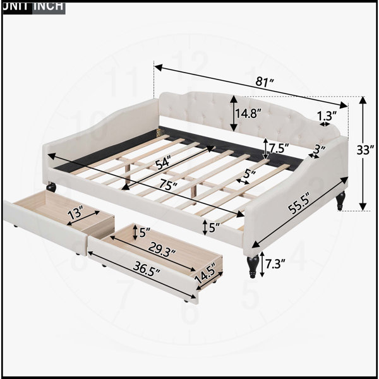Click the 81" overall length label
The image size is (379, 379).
[x=265, y=82]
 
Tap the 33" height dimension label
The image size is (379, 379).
[x=365, y=150]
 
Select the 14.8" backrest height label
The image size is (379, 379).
[x=249, y=113]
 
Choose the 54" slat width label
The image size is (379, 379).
[x=163, y=163]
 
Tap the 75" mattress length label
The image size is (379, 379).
[x=168, y=185]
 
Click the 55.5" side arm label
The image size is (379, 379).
[x=299, y=203]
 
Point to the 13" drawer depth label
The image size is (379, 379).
[x=75, y=212]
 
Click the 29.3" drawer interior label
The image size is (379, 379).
[x=162, y=250]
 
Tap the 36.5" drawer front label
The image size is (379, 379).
[x=147, y=269]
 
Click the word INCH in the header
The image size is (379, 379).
[x=49, y=6]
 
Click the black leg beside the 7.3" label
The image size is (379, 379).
[x=253, y=265]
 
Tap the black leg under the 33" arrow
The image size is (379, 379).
[x=340, y=201]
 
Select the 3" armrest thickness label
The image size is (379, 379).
[x=320, y=149]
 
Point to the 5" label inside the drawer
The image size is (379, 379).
[x=145, y=232]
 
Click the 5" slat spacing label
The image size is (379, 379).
[x=250, y=174]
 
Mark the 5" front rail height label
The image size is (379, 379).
[x=214, y=227]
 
